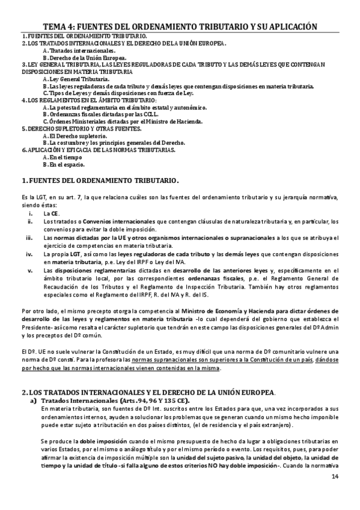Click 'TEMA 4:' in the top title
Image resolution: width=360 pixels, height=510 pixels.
(x=64, y=26)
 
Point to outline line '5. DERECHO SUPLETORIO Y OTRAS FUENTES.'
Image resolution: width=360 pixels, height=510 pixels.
(x=73, y=129)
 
